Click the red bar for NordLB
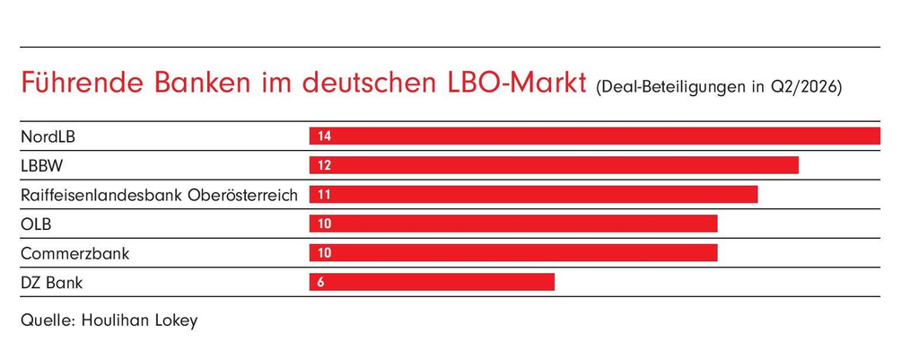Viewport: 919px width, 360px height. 595,136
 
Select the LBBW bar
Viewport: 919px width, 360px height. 554,165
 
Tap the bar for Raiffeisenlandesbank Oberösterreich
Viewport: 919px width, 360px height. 533,195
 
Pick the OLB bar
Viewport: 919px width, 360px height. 513,224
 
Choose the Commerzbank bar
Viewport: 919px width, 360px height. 513,253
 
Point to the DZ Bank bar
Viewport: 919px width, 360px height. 432,283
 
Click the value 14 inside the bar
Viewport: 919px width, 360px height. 325,136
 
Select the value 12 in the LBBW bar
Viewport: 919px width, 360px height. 325,166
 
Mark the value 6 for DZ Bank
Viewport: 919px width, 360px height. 320,283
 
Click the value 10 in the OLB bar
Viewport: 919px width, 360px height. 325,224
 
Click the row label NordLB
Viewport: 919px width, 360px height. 48,137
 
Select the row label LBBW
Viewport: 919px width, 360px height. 41,166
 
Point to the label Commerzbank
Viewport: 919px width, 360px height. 75,254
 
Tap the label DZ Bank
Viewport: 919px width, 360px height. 51,284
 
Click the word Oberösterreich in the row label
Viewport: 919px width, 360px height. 242,195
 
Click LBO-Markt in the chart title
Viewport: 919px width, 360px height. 512,83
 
